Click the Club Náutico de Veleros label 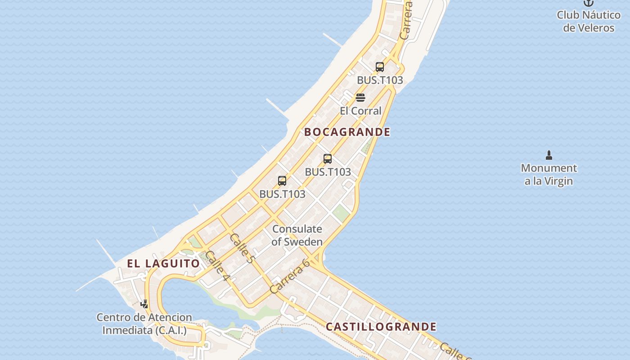coord(589,21)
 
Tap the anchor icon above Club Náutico coord(589,3)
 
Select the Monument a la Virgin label coord(549,175)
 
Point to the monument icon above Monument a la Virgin coord(549,156)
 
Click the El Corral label coord(360,111)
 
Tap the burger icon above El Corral coord(360,98)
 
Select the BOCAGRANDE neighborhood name coord(347,132)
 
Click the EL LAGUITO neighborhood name coord(163,264)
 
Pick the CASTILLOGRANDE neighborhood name coord(381,327)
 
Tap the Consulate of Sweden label coord(297,235)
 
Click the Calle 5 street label coord(242,248)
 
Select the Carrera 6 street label coord(290,277)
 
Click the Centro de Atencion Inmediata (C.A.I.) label coord(144,324)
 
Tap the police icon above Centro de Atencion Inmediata coord(144,304)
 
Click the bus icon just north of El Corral coord(380,67)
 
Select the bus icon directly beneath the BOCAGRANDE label coord(328,159)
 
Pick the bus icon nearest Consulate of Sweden coord(282,181)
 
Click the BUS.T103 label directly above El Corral coord(380,81)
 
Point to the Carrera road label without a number coord(406,20)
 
